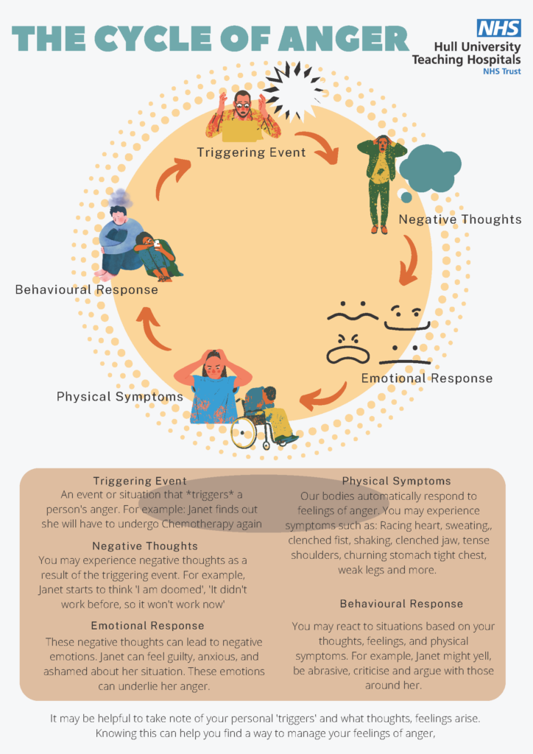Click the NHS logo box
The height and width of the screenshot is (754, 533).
499,29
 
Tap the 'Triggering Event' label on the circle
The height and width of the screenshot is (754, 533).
251,152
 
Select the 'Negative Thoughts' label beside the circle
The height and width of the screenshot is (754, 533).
459,219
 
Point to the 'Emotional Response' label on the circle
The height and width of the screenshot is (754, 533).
426,378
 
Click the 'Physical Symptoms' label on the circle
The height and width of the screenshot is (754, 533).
120,397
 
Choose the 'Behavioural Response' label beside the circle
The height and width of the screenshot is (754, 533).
87,289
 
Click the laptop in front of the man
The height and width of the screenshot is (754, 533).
242,131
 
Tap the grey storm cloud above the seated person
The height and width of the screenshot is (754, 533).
120,198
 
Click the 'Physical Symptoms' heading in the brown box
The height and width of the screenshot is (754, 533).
396,482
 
